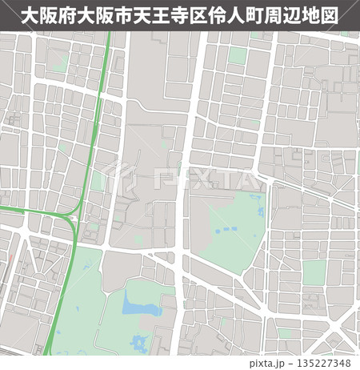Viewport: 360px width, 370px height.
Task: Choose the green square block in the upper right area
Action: (238, 55)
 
